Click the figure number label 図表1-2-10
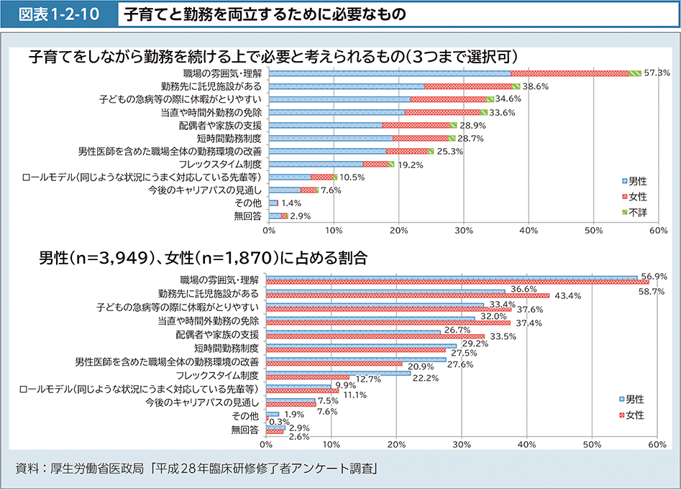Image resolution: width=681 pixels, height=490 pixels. pyautogui.click(x=58, y=14)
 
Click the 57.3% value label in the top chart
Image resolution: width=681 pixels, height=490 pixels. pyautogui.click(x=657, y=73)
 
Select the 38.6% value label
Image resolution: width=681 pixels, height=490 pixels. pyautogui.click(x=536, y=85)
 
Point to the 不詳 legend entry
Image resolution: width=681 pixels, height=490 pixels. pyautogui.click(x=633, y=212)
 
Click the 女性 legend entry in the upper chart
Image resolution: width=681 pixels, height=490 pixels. pyautogui.click(x=633, y=196)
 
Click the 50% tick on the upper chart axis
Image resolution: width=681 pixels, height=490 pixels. pyautogui.click(x=593, y=230)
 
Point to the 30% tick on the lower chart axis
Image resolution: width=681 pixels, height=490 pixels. pyautogui.click(x=461, y=445)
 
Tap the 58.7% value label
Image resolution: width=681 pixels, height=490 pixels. pyautogui.click(x=651, y=291)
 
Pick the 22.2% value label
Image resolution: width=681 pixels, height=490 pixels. pyautogui.click(x=426, y=378)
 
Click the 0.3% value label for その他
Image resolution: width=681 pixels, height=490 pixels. pyautogui.click(x=279, y=422)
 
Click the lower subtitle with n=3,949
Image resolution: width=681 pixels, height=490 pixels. pyautogui.click(x=203, y=258)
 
